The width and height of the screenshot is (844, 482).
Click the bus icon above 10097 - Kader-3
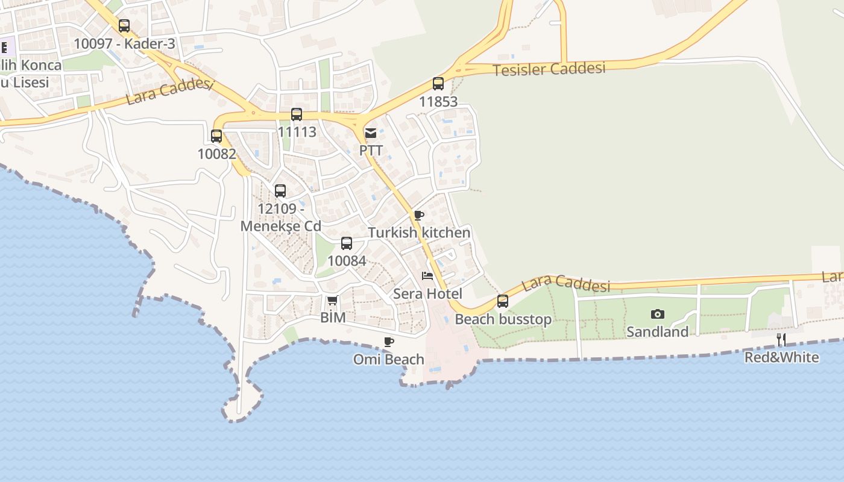tap(124, 26)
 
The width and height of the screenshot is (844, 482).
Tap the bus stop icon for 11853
tap(438, 84)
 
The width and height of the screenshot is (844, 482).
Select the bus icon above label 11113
tap(297, 114)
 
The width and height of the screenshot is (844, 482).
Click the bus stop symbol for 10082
tap(216, 136)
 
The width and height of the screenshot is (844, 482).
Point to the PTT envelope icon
tap(371, 133)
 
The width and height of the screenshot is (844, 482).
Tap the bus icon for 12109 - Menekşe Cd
tap(280, 191)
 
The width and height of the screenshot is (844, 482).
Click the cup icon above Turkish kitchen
tap(419, 215)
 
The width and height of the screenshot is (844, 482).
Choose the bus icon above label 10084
tap(347, 243)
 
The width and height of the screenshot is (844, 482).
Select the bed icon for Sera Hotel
tap(427, 276)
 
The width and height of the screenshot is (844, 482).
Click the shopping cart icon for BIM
tap(332, 300)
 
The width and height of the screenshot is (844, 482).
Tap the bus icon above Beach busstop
tap(503, 301)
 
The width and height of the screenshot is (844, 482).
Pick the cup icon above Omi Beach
tap(389, 342)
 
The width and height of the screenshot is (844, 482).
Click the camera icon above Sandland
tap(658, 314)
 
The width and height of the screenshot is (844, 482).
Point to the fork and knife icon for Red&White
tap(781, 340)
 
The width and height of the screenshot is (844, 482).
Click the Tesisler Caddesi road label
tap(549, 69)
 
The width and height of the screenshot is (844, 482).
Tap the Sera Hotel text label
tap(427, 294)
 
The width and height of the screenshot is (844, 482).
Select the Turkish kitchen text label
tap(419, 233)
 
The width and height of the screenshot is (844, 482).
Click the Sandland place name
tap(657, 332)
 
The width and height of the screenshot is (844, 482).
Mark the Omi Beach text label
tap(389, 360)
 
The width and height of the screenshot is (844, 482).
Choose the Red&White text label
tap(781, 357)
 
